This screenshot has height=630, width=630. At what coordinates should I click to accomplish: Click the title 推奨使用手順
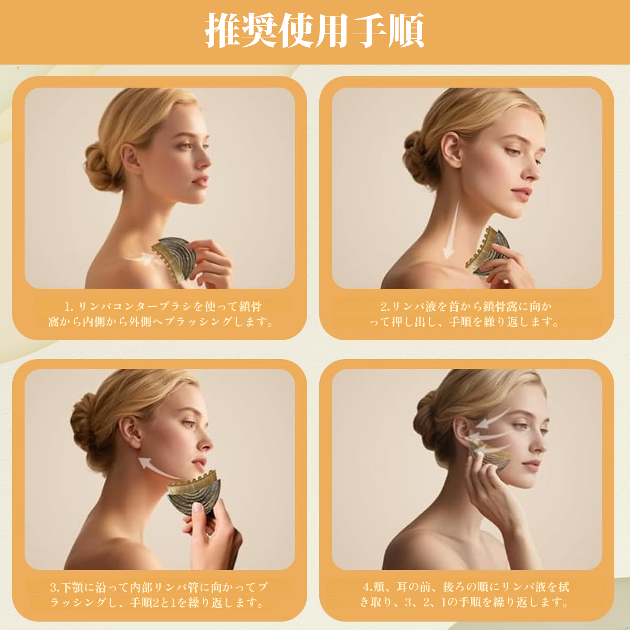tap(314, 31)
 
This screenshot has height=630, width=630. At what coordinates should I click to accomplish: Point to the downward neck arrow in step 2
tap(453, 229)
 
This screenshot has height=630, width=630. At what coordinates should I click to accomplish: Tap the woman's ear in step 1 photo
tap(130, 159)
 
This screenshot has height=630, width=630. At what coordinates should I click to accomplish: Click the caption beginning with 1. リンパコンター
tap(160, 314)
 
